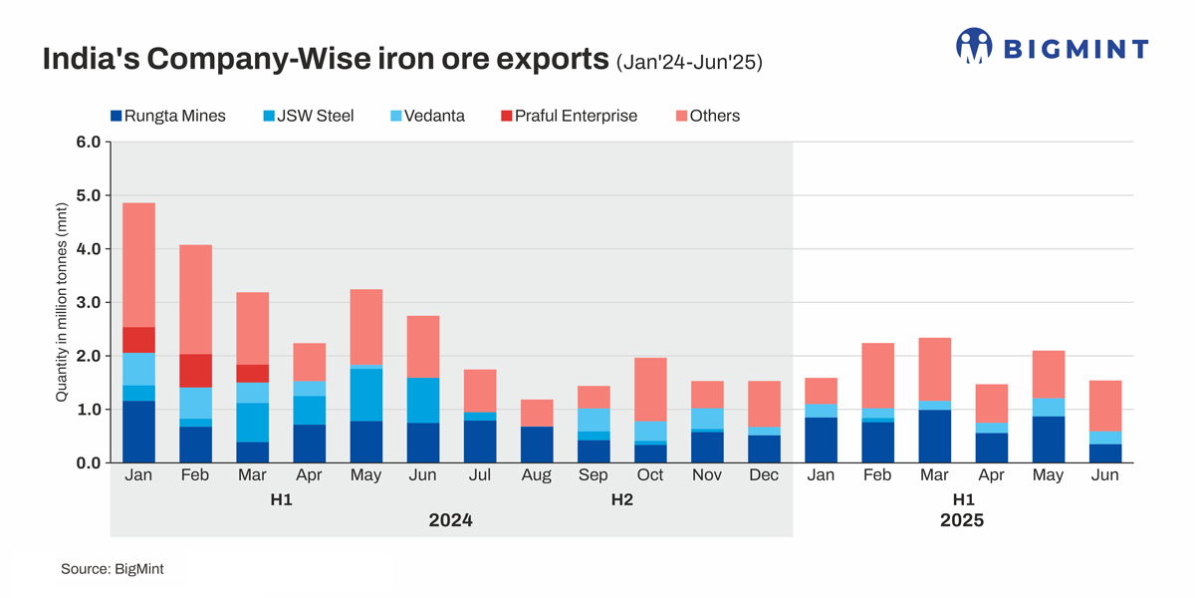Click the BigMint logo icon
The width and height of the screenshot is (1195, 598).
(x=974, y=47)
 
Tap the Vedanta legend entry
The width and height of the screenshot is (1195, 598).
(x=428, y=116)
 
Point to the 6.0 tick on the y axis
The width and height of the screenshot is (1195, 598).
(x=89, y=142)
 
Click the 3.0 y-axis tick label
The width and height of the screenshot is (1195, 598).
(x=89, y=302)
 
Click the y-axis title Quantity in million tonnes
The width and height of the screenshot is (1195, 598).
(x=62, y=302)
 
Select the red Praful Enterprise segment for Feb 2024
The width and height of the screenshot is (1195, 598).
(x=195, y=371)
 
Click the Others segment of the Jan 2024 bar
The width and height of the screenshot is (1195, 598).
(x=138, y=265)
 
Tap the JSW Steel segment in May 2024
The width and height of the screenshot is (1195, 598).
(x=365, y=395)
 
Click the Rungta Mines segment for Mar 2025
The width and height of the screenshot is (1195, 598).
(x=933, y=437)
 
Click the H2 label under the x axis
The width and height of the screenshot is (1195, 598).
(x=621, y=499)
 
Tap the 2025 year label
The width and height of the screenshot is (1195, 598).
(x=962, y=520)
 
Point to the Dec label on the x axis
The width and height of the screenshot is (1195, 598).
(x=763, y=475)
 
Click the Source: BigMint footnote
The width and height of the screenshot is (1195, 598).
(x=112, y=569)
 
